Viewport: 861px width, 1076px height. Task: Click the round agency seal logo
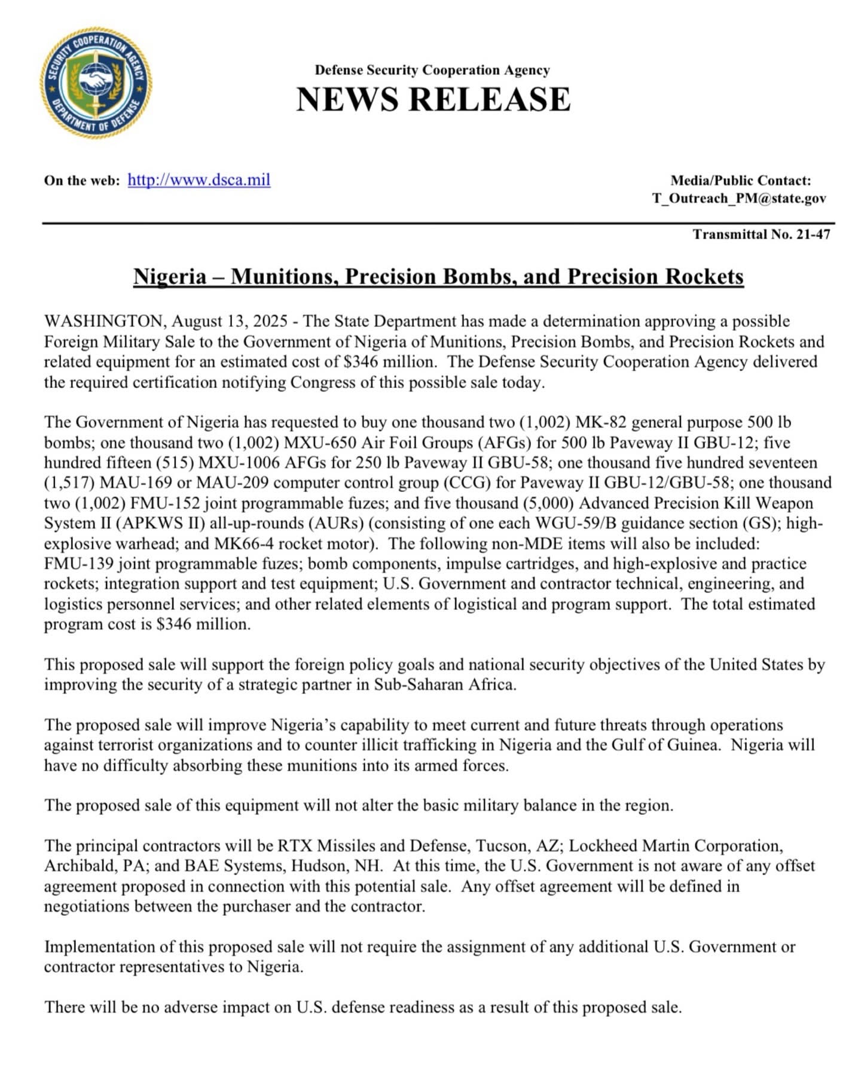96,82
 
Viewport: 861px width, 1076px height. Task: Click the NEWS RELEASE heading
433,99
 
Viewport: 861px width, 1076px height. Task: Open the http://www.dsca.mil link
199,180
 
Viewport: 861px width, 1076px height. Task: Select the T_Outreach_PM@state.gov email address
739,198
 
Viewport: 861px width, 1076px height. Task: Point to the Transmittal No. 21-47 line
761,234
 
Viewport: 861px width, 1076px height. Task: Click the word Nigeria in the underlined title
169,277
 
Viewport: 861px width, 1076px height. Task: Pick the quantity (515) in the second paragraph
175,463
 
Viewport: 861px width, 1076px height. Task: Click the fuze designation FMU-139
78,564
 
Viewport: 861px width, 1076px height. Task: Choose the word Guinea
688,745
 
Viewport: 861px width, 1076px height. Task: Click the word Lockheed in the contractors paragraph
603,846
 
